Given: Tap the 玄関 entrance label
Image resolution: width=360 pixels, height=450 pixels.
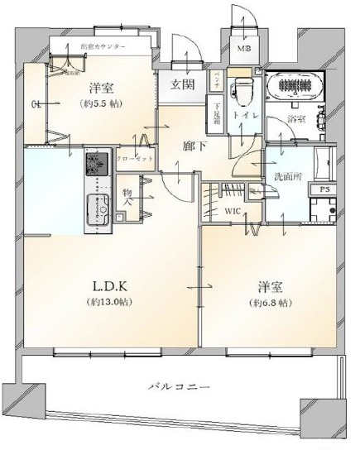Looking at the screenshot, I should coord(183,84).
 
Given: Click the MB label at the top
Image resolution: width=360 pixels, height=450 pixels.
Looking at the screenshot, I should coord(245,49).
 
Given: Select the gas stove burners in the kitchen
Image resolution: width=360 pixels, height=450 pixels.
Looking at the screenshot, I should coord(97,162).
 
